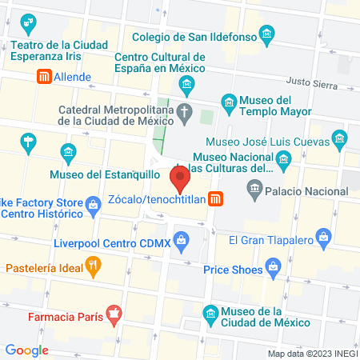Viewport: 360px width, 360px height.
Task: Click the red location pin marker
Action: pyautogui.click(x=181, y=176)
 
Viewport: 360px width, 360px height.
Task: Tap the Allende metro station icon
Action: pyautogui.click(x=44, y=78)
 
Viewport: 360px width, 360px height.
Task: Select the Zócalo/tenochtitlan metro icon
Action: pyautogui.click(x=215, y=199)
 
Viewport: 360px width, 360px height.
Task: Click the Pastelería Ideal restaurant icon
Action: pyautogui.click(x=94, y=266)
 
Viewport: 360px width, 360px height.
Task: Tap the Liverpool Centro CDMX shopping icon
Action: pyautogui.click(x=182, y=238)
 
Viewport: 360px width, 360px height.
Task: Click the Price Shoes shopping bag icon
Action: pyautogui.click(x=273, y=266)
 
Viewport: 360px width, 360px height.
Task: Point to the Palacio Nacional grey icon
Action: pyautogui.click(x=254, y=191)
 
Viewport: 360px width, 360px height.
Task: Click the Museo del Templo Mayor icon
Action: pyautogui.click(x=229, y=101)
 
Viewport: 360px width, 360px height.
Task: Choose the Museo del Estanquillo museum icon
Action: pyautogui.click(x=69, y=150)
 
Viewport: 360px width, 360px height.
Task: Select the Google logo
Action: pyautogui.click(x=27, y=350)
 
